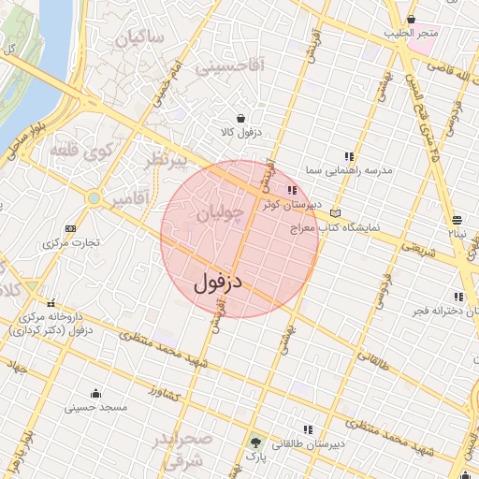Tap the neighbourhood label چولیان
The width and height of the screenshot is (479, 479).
tap(223, 216)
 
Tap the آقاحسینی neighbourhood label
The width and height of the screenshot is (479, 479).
tap(229, 65)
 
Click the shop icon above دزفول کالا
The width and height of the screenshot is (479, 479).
tap(241, 119)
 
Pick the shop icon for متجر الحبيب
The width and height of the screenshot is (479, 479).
tap(412, 20)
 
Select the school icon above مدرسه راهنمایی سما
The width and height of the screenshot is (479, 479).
tap(349, 156)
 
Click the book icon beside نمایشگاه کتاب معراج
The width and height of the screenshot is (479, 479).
tap(335, 213)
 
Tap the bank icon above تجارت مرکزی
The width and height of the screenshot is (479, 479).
tap(70, 228)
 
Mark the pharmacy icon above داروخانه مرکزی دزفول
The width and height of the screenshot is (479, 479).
tap(51, 302)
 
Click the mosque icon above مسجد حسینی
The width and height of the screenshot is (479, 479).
tap(95, 393)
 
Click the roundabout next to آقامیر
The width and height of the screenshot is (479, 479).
tap(94, 198)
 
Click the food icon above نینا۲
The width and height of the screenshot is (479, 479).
tap(457, 219)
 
